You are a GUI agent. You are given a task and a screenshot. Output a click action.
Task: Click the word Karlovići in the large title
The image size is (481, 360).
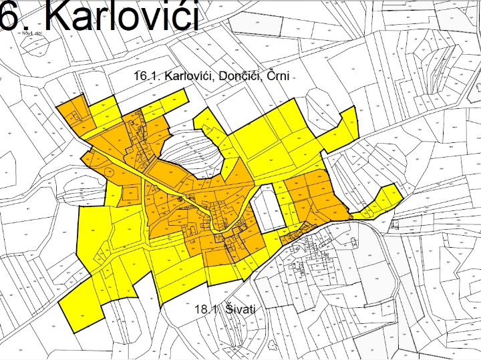coord(123,16)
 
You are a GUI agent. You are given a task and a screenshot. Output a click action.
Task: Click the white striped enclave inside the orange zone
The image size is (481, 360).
coord(190,154)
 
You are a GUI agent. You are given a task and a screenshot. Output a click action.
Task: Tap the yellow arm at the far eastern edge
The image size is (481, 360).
coord(384,200)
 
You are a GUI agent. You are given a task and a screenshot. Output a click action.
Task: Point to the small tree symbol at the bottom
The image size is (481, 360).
coord(273,347)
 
